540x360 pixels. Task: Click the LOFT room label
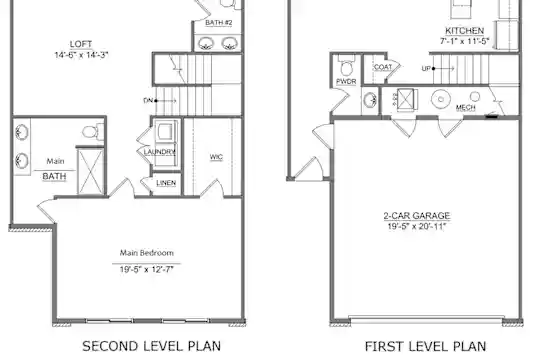tap(81, 44)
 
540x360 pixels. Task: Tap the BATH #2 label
tap(219, 23)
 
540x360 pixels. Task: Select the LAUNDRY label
tap(159, 152)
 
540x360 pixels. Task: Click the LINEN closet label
tap(166, 183)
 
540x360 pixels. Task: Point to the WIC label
tap(216, 157)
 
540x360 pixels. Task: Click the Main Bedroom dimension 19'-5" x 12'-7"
tap(146, 269)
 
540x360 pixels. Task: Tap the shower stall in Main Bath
tap(90, 171)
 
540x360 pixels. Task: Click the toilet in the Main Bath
tap(93, 131)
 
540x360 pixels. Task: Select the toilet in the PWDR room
tap(346, 65)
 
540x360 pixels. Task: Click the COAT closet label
tap(383, 67)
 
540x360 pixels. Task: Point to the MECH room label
tap(466, 108)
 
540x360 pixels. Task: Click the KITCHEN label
tap(465, 31)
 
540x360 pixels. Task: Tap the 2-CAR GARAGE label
tap(417, 216)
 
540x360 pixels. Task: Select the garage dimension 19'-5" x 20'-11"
tap(417, 226)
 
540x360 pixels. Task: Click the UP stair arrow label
tap(426, 69)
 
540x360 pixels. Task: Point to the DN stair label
tap(148, 101)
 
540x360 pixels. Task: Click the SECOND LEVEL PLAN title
tap(152, 346)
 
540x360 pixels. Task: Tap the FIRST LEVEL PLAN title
tap(426, 346)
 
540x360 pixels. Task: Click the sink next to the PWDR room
tap(370, 100)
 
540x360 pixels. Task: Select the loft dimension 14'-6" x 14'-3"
tap(81, 55)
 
